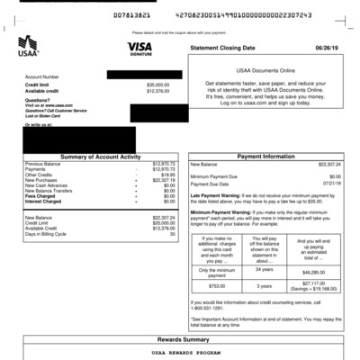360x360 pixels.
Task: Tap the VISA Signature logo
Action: [139, 48]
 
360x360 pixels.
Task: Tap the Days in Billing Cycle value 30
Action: [172, 233]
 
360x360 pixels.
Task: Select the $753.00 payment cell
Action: [216, 285]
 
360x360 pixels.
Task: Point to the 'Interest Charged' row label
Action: [46, 202]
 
